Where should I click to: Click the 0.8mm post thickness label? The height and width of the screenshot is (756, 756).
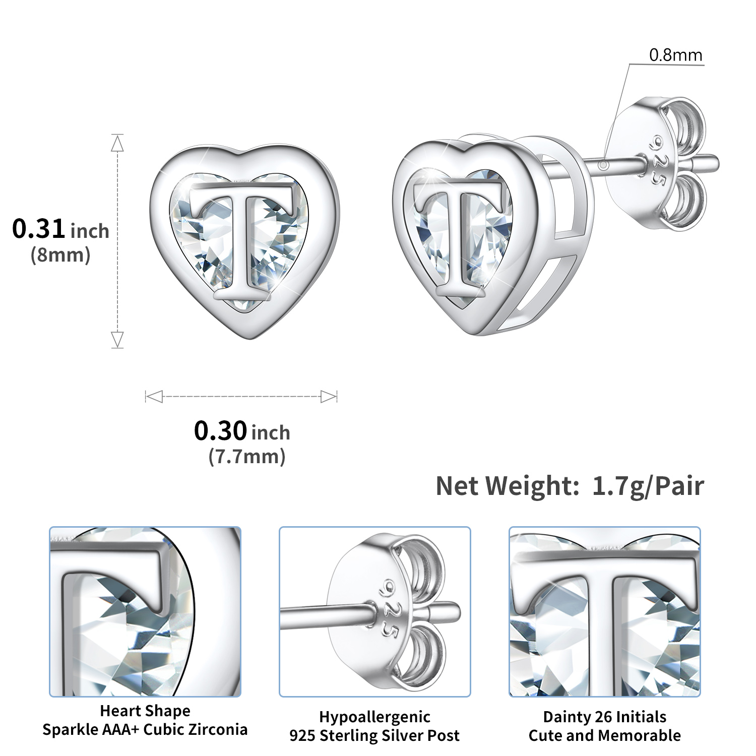[675, 55]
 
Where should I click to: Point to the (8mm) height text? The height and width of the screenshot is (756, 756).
[60, 255]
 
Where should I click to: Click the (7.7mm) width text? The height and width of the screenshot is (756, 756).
[247, 457]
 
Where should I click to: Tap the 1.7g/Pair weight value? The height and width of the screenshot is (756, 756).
[648, 486]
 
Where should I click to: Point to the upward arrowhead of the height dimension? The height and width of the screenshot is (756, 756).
[117, 144]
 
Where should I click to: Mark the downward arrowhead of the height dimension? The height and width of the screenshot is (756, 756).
[117, 339]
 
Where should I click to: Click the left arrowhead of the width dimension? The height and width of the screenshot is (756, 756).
[154, 397]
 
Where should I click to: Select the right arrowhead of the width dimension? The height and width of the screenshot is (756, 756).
[329, 397]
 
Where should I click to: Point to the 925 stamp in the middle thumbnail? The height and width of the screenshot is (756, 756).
[387, 608]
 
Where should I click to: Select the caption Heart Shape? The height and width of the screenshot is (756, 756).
[145, 711]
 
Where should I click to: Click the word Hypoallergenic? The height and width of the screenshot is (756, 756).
[374, 717]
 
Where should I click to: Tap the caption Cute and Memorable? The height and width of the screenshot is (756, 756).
[604, 735]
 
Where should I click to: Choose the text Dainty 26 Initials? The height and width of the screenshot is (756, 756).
[604, 717]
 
